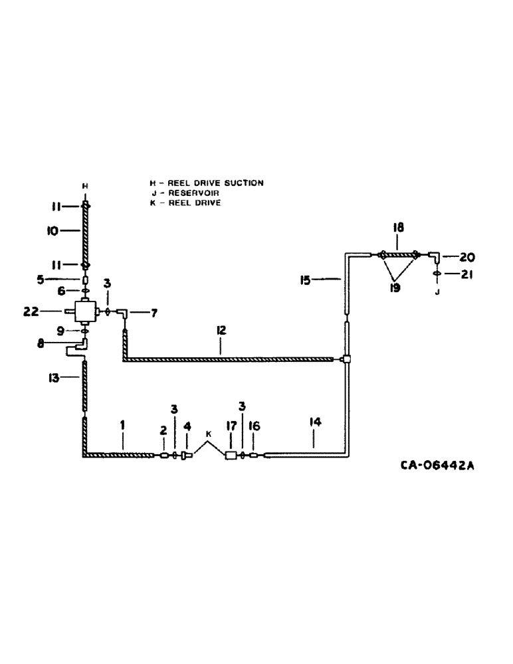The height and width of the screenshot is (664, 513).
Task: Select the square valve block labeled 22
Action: coord(84,310)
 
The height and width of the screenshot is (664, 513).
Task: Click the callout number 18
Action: coord(398,228)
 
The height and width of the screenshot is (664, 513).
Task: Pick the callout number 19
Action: coord(394,289)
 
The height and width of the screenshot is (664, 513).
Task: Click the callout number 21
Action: coord(466,275)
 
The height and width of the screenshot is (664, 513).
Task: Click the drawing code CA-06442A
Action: coord(437,466)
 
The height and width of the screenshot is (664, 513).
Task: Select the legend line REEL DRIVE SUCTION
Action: coord(207,182)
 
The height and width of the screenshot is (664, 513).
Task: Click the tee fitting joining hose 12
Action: coord(346,360)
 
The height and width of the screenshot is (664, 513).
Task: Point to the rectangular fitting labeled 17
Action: coord(232,456)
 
